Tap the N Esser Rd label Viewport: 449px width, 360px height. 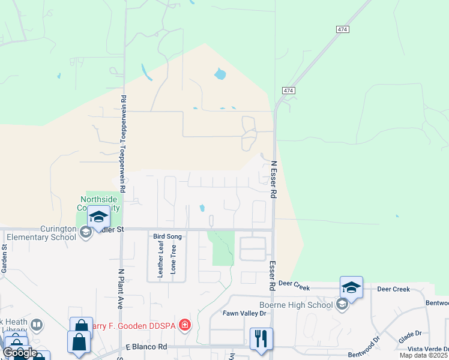(273, 179)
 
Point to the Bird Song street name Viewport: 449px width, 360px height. (167, 237)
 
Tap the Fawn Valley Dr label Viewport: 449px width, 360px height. (244, 313)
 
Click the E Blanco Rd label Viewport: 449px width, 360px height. (146, 347)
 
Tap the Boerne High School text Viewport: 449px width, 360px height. (295, 305)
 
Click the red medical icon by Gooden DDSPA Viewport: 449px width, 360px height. (185, 325)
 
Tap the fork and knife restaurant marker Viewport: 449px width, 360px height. (261, 338)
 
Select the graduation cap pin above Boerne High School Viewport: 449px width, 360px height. (351, 287)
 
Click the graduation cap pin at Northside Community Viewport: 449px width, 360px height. (98, 216)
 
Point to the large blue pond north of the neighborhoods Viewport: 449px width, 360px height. (220, 74)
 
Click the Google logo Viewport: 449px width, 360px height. (19, 353)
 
